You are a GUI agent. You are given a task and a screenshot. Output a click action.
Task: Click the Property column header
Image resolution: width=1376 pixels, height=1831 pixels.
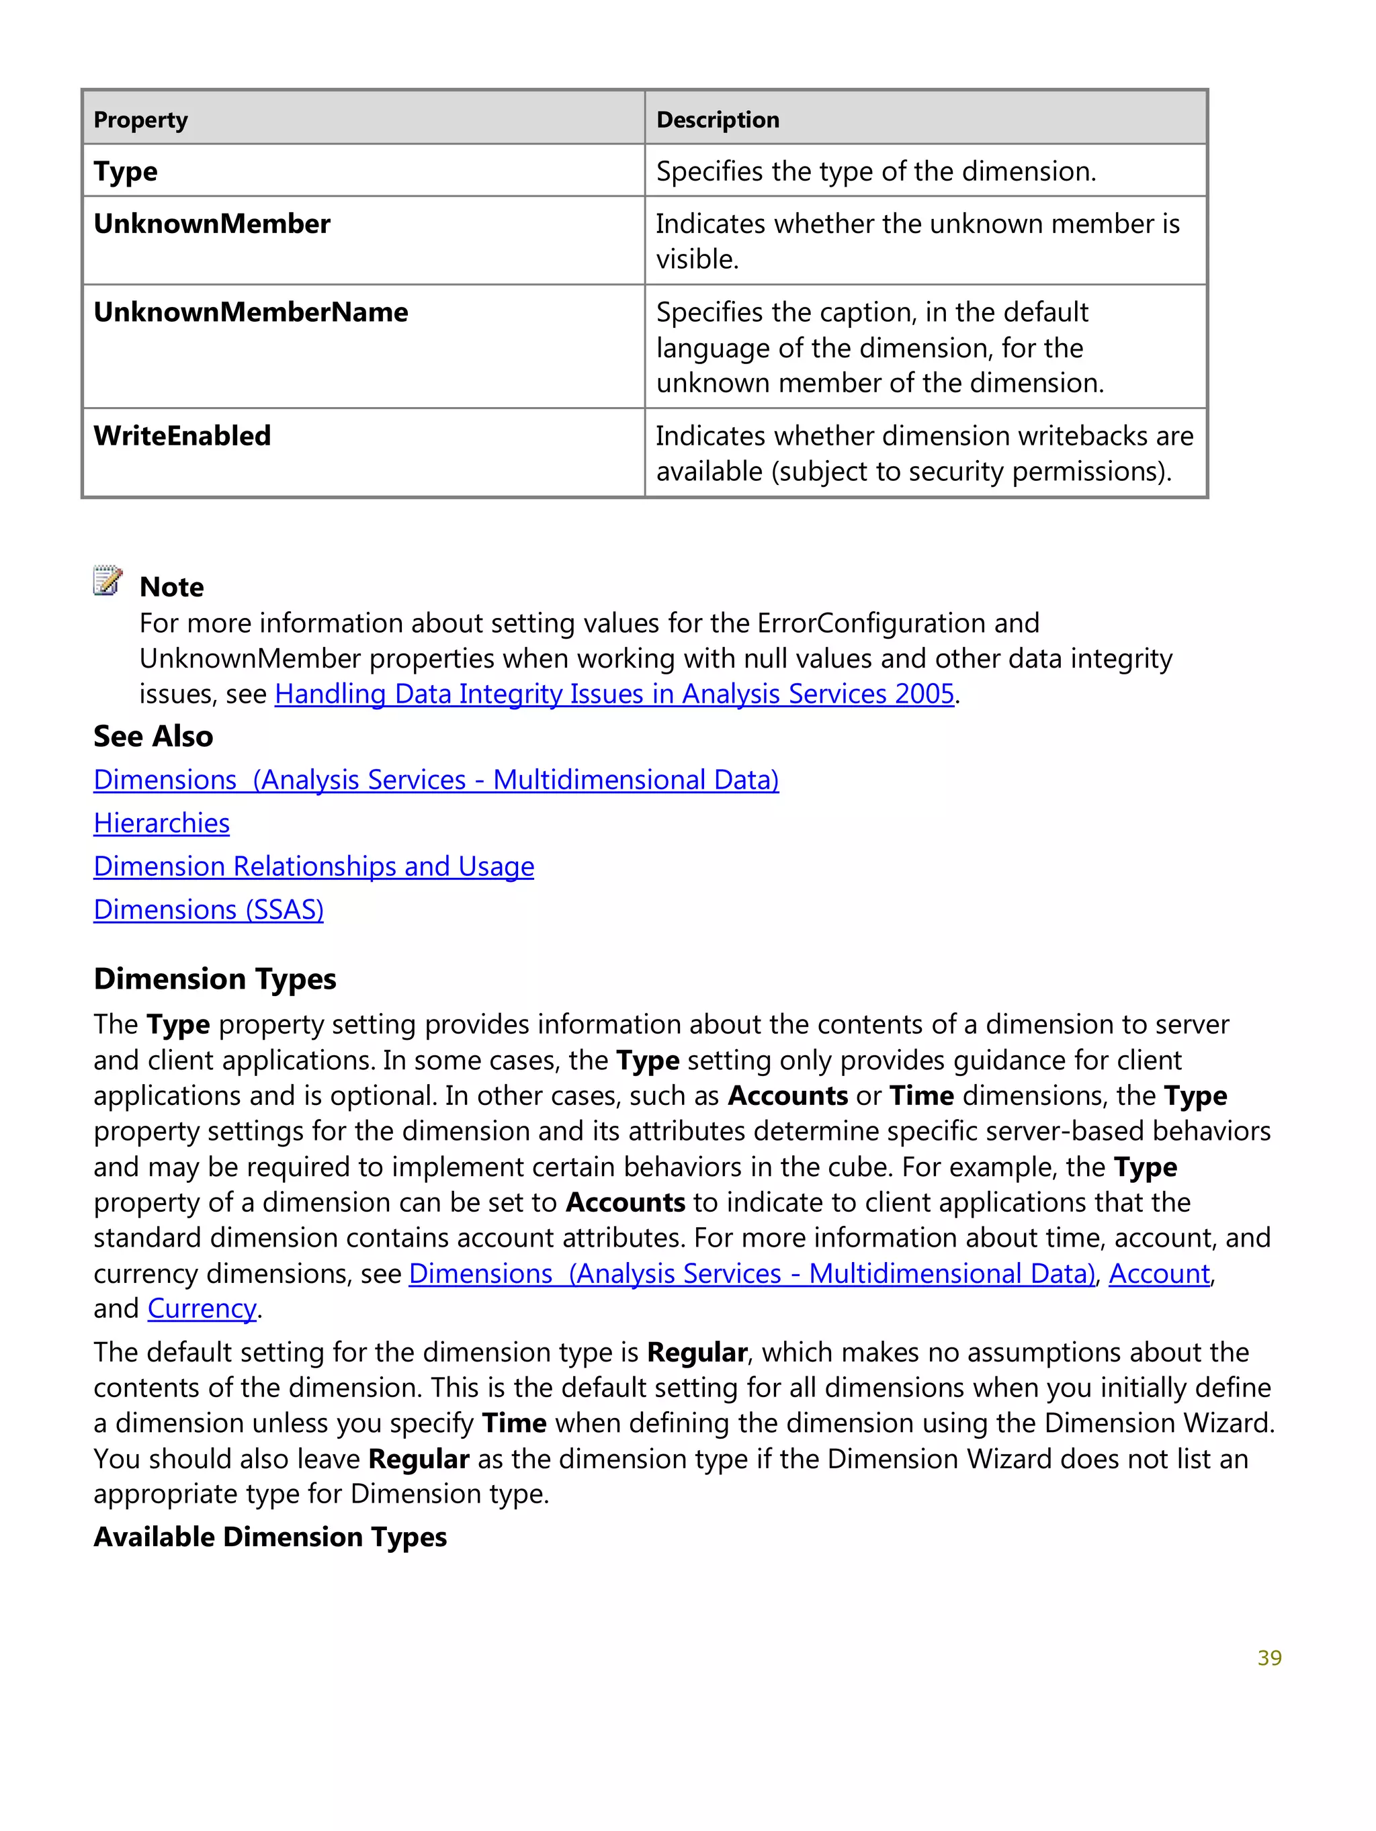click(140, 120)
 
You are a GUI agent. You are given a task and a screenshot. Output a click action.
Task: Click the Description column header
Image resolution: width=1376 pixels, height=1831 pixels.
click(717, 120)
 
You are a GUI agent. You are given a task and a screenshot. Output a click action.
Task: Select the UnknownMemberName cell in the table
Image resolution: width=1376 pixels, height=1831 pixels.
click(250, 313)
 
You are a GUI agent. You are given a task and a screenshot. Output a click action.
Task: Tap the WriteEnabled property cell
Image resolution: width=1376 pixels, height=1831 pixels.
click(182, 436)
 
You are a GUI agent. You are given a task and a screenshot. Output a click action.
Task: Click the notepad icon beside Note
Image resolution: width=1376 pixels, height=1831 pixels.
click(107, 580)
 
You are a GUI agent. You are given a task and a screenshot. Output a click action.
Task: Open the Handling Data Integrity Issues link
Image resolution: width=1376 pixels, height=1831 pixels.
click(613, 694)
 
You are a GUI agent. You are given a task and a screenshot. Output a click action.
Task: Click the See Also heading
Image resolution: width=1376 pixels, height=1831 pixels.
click(153, 736)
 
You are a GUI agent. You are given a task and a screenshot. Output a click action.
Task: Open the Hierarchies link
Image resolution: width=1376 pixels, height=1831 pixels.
click(161, 823)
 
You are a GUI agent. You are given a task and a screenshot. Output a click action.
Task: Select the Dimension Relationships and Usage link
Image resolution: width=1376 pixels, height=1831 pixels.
click(313, 866)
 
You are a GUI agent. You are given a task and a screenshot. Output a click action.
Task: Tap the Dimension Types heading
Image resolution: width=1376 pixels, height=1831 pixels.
click(214, 979)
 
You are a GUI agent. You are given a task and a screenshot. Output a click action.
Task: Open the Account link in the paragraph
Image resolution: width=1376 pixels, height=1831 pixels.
click(1158, 1273)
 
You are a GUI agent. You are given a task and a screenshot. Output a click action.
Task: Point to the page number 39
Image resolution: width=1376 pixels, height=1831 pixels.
click(1268, 1658)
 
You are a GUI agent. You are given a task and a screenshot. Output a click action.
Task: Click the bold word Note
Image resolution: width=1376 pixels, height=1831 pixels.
click(171, 587)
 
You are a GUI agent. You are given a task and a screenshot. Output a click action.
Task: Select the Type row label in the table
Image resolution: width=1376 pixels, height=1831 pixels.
click(125, 171)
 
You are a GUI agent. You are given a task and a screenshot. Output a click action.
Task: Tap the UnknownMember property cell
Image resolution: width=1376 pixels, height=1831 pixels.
click(211, 224)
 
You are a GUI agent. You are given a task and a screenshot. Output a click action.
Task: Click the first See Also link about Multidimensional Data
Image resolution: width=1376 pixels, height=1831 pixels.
click(435, 780)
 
